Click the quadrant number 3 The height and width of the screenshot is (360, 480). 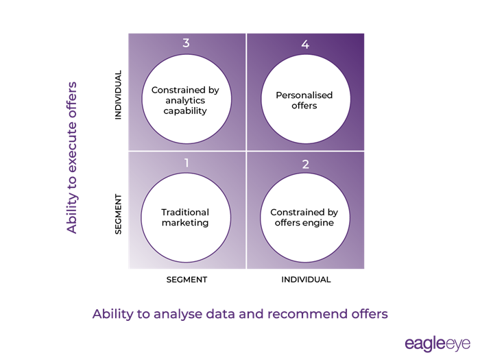(x=186, y=43)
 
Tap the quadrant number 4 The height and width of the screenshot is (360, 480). (x=306, y=45)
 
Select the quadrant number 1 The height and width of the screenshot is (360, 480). (x=186, y=163)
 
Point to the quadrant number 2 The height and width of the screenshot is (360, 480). (x=306, y=165)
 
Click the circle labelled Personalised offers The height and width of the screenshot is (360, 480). (x=305, y=101)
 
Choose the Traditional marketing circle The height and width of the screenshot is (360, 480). (x=185, y=217)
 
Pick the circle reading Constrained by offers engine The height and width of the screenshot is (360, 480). (x=305, y=217)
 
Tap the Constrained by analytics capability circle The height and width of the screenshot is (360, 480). (x=185, y=100)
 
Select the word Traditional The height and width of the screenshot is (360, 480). (x=185, y=212)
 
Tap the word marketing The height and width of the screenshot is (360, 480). (x=185, y=223)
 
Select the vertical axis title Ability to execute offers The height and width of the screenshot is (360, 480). (x=72, y=158)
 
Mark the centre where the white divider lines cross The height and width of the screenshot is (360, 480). (x=246, y=151)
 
